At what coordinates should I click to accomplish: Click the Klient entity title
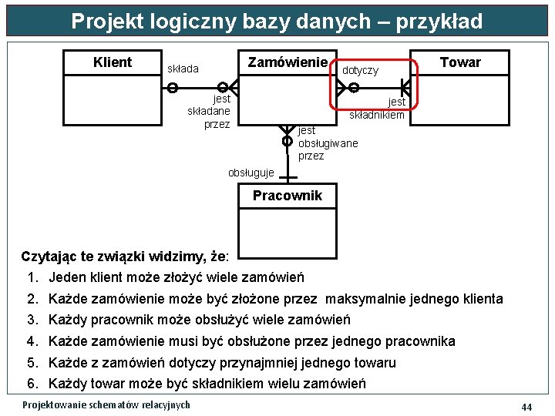[x=113, y=62]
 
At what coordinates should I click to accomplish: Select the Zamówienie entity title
[x=288, y=62]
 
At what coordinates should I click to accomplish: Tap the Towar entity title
[x=460, y=62]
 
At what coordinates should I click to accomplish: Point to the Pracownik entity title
[x=288, y=196]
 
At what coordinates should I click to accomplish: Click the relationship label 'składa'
[x=183, y=69]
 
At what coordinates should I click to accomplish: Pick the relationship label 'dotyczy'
[x=360, y=70]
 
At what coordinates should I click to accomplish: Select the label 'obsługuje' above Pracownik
[x=251, y=172]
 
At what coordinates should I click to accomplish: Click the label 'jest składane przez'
[x=210, y=111]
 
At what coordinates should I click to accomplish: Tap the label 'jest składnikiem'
[x=378, y=109]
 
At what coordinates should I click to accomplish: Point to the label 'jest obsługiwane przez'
[x=328, y=143]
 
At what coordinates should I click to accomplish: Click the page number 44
[x=527, y=406]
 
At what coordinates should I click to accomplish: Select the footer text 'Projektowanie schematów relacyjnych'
[x=106, y=405]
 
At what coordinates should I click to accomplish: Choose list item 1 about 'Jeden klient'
[x=177, y=277]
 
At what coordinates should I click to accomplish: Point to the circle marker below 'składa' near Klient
[x=173, y=88]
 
